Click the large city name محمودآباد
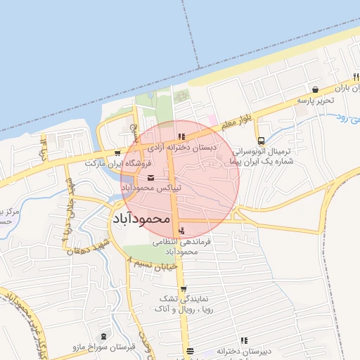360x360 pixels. click(x=141, y=219)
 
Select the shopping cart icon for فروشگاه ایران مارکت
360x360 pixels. click(x=117, y=153)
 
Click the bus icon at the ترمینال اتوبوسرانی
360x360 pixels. click(x=261, y=140)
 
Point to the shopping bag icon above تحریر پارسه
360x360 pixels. click(x=315, y=89)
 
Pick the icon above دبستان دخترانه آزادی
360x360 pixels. click(x=181, y=137)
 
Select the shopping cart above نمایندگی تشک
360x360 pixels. click(x=184, y=289)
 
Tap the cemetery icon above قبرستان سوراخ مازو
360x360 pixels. click(x=104, y=337)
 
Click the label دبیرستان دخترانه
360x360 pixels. click(x=244, y=350)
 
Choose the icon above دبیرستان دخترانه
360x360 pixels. click(x=244, y=340)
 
